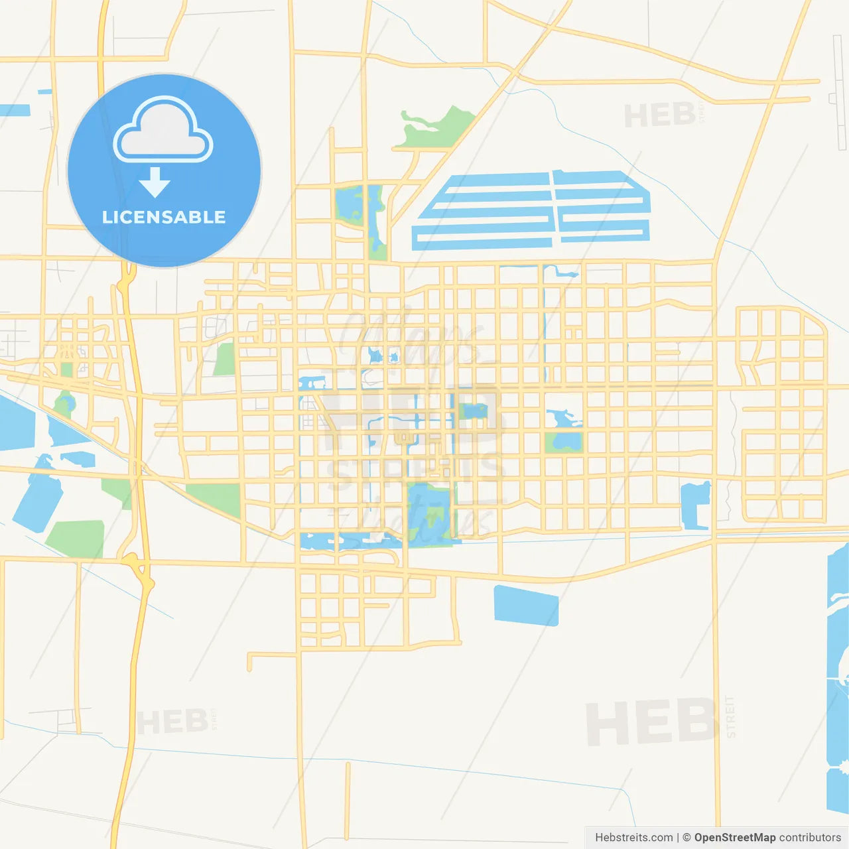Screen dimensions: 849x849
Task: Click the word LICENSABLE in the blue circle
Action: click(164, 217)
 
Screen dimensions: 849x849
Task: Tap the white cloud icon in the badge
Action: click(163, 131)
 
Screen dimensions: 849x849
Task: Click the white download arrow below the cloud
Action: click(155, 182)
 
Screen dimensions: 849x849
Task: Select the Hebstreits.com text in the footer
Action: click(633, 838)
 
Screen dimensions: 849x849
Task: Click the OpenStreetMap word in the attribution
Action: click(734, 838)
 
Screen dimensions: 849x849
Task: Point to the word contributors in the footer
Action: click(810, 838)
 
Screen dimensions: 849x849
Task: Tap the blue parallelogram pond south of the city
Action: click(526, 606)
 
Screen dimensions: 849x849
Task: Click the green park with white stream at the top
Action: click(434, 129)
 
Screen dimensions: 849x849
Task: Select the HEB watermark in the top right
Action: click(660, 115)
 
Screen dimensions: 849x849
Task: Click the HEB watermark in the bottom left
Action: click(172, 722)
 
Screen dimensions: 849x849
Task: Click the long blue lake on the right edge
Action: click(838, 677)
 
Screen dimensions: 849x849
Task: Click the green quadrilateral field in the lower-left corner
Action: click(76, 539)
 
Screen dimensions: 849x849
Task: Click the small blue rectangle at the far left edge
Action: click(15, 110)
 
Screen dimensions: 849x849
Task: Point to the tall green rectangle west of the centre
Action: click(225, 359)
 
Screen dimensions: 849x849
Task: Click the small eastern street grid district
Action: click(783, 411)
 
